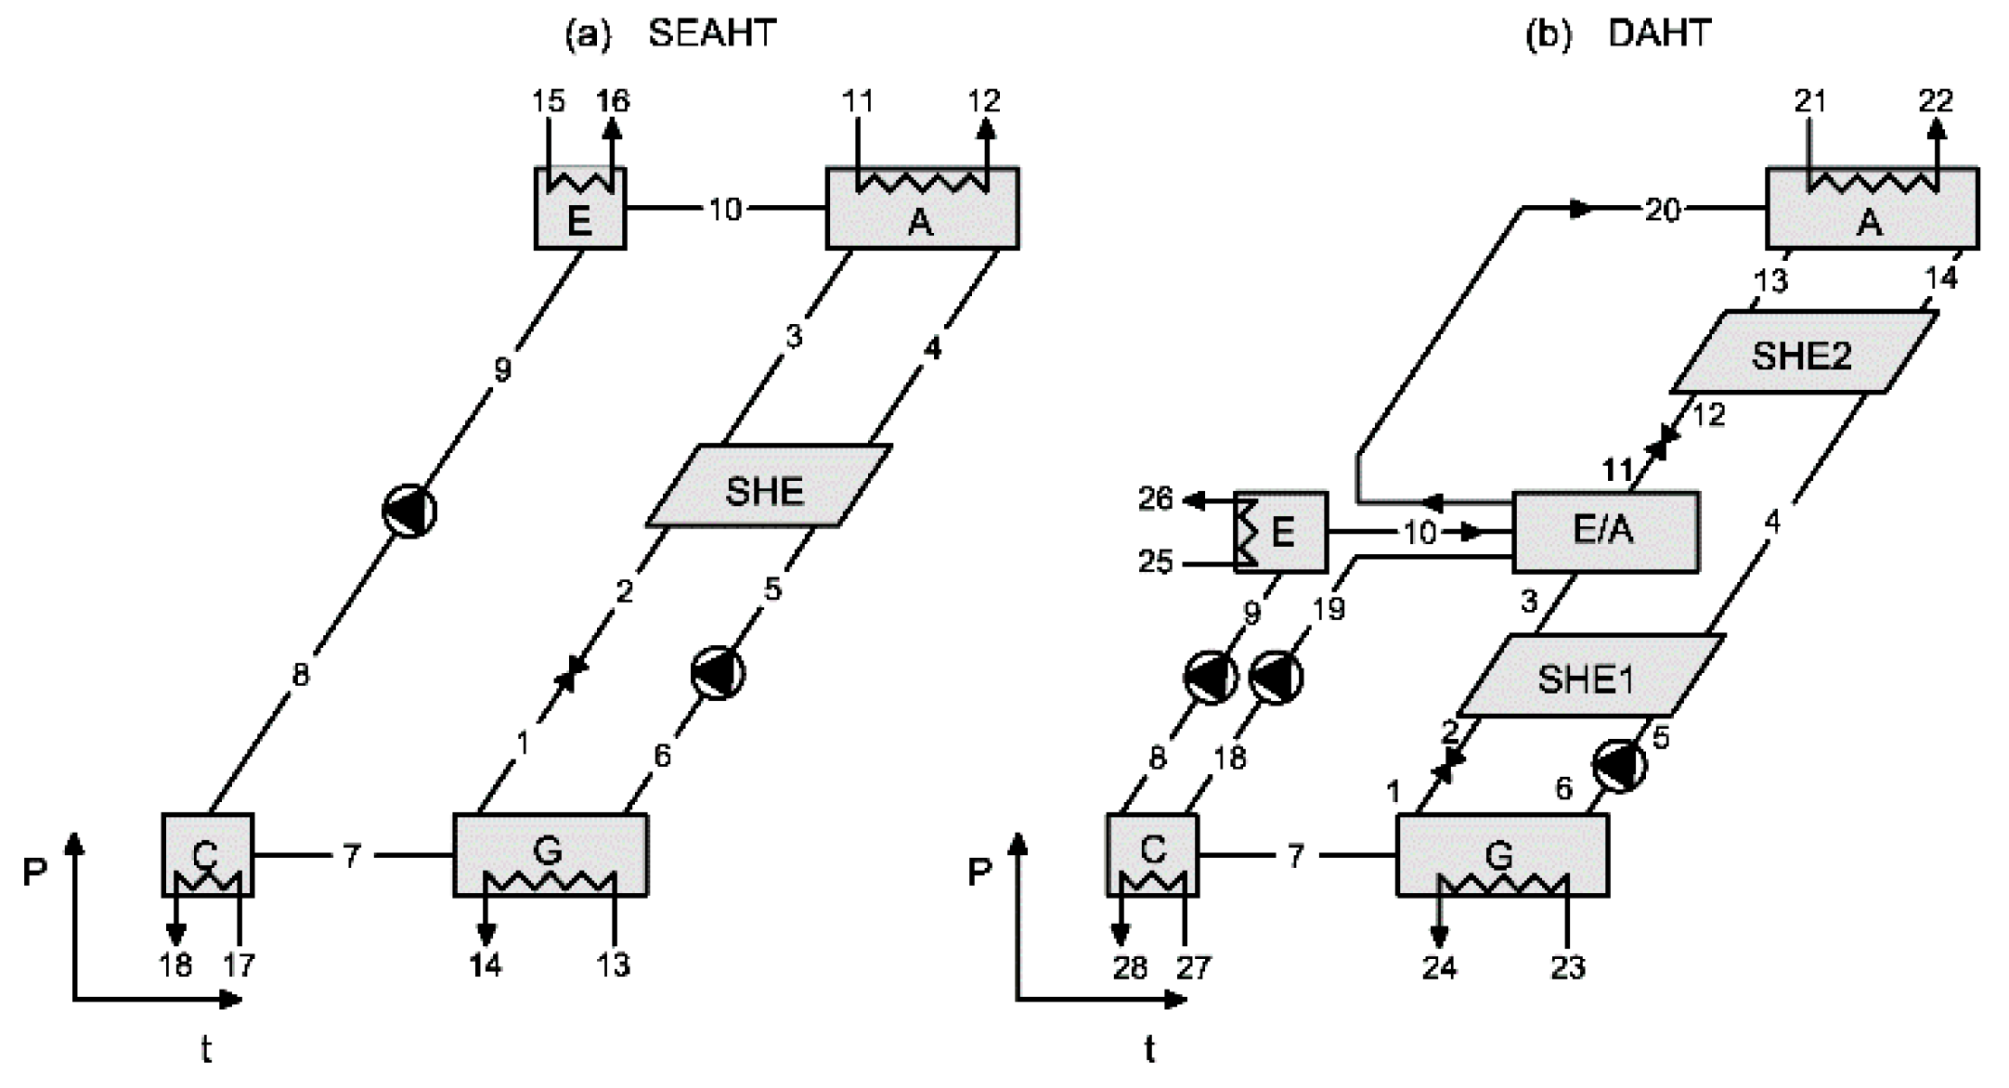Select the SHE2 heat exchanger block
(1802, 354)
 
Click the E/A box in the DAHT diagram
(1605, 531)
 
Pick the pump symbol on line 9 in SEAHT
(409, 511)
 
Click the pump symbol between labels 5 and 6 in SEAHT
(718, 673)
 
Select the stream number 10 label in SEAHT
(725, 209)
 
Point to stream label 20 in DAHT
(1663, 210)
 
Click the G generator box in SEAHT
(550, 855)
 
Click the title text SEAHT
(711, 33)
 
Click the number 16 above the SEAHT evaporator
(613, 100)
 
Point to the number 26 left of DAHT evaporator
(1155, 499)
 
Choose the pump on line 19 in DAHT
(1277, 677)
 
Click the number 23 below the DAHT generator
(1568, 968)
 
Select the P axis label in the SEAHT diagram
(34, 872)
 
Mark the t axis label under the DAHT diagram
(1149, 1050)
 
